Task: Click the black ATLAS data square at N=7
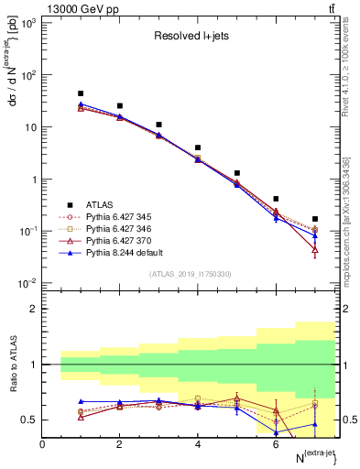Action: pyautogui.click(x=315, y=219)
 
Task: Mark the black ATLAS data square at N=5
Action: pyautogui.click(x=237, y=173)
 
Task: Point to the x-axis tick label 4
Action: pyautogui.click(x=198, y=444)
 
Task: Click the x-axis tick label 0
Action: pyautogui.click(x=42, y=444)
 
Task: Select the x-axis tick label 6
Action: pyautogui.click(x=276, y=444)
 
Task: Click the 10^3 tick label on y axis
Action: pyautogui.click(x=27, y=23)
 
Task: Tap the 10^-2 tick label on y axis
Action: pyautogui.click(x=27, y=282)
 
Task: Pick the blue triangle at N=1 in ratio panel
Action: pyautogui.click(x=81, y=401)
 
